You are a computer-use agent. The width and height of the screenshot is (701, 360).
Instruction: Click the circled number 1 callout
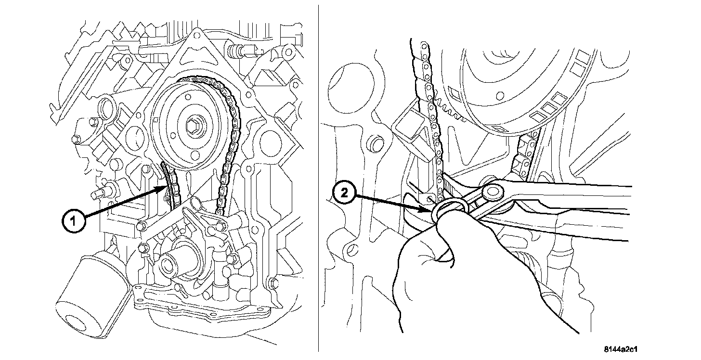tap(74, 222)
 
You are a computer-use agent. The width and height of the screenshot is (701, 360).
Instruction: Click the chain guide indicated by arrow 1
tap(166, 190)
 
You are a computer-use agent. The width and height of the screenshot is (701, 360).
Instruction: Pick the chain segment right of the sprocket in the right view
tap(525, 154)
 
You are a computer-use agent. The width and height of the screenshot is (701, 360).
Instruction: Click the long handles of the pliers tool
tap(578, 207)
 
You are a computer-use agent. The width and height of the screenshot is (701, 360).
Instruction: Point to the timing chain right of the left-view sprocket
tap(229, 144)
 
